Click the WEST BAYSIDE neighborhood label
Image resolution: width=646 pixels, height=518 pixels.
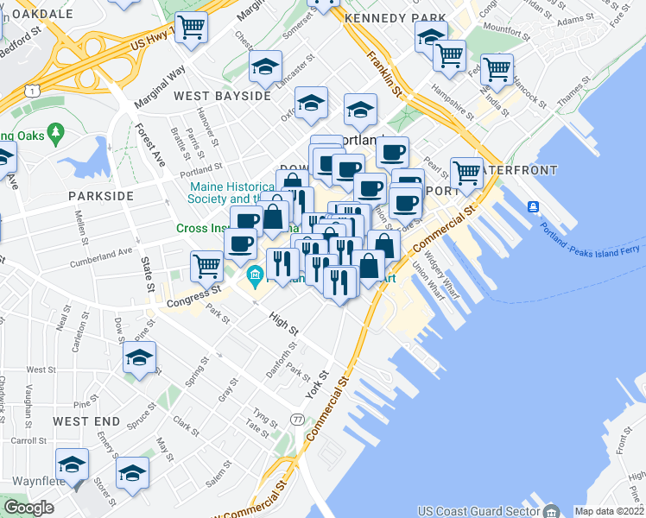[222, 96]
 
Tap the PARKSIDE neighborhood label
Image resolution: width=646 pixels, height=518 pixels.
[101, 196]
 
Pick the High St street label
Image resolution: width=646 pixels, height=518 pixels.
[283, 324]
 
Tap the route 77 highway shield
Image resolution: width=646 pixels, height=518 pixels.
[298, 419]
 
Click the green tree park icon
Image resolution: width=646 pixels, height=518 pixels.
[57, 132]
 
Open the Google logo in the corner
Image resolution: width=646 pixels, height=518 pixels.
[28, 508]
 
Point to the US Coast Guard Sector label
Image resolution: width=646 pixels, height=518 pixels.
[466, 511]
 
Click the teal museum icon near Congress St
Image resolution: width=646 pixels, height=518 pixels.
[255, 277]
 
